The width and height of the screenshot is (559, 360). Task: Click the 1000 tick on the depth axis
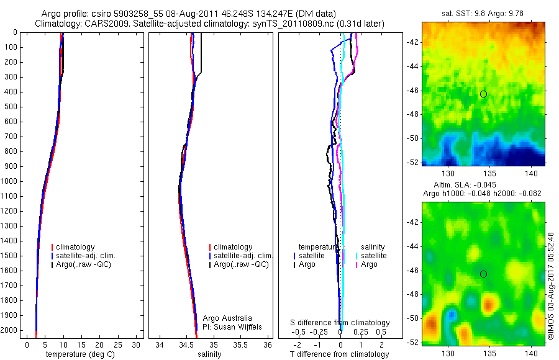point(9,181)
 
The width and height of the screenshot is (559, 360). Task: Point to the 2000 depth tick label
point(9,330)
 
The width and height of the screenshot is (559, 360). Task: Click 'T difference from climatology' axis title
point(339,354)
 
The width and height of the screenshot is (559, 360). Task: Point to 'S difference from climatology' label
point(340,323)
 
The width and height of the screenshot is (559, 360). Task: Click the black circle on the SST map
point(483,94)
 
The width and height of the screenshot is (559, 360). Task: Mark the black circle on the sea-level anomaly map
point(483,274)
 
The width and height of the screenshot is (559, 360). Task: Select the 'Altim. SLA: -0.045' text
point(483,186)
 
